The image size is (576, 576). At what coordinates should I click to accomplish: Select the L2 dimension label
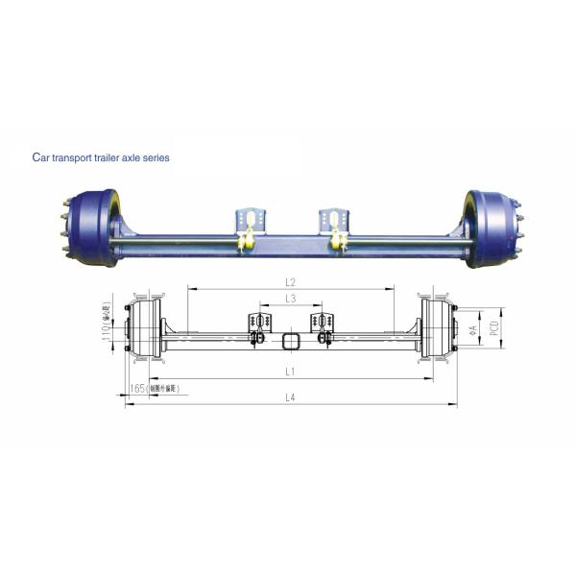[290, 281]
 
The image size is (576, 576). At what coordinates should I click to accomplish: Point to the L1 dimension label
[290, 370]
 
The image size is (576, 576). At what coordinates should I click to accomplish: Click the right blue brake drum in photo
[491, 228]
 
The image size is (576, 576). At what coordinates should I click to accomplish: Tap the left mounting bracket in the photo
[248, 224]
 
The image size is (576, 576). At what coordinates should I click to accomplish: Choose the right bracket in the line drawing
[321, 326]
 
